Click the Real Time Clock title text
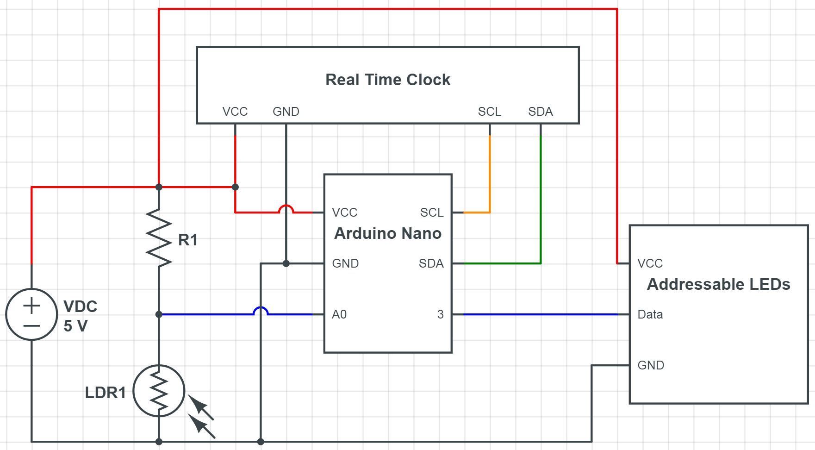point(388,80)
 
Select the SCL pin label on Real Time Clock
point(489,112)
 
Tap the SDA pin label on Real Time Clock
point(540,112)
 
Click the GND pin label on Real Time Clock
point(286,112)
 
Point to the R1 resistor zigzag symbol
point(159,238)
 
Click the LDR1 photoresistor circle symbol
point(159,391)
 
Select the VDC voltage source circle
point(31,314)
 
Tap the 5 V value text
point(75,326)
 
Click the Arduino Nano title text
point(388,233)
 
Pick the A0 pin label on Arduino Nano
point(339,314)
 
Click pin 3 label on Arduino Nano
point(440,314)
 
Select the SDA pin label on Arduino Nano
point(431,263)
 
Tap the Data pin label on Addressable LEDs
point(650,314)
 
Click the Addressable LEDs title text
point(718,284)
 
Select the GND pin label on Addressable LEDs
point(650,365)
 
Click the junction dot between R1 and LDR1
point(159,314)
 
